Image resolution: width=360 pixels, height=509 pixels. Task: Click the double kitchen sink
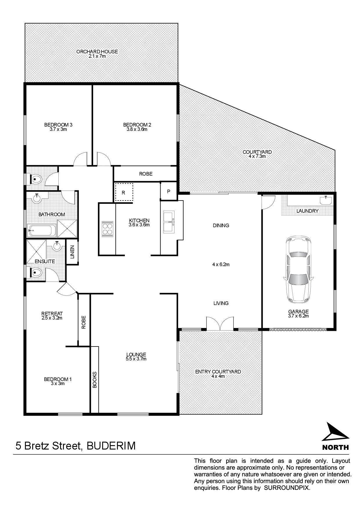pos(169,222)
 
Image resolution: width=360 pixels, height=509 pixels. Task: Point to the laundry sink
pos(326,200)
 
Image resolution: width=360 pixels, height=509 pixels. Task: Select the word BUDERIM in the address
pos(111,445)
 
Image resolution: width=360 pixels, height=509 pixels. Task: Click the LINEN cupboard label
pos(72,252)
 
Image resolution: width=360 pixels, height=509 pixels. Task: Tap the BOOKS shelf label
pos(95,380)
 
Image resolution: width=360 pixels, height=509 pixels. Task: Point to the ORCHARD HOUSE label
pos(97,52)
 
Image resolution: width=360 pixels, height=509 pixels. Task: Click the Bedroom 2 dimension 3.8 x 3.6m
pos(137,129)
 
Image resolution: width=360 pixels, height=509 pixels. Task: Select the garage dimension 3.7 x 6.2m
pos(298,316)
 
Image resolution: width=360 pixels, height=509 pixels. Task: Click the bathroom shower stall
pos(67,228)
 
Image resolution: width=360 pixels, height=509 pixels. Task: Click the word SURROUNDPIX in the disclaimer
pos(287,488)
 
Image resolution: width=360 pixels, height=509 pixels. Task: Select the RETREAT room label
pos(52,313)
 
